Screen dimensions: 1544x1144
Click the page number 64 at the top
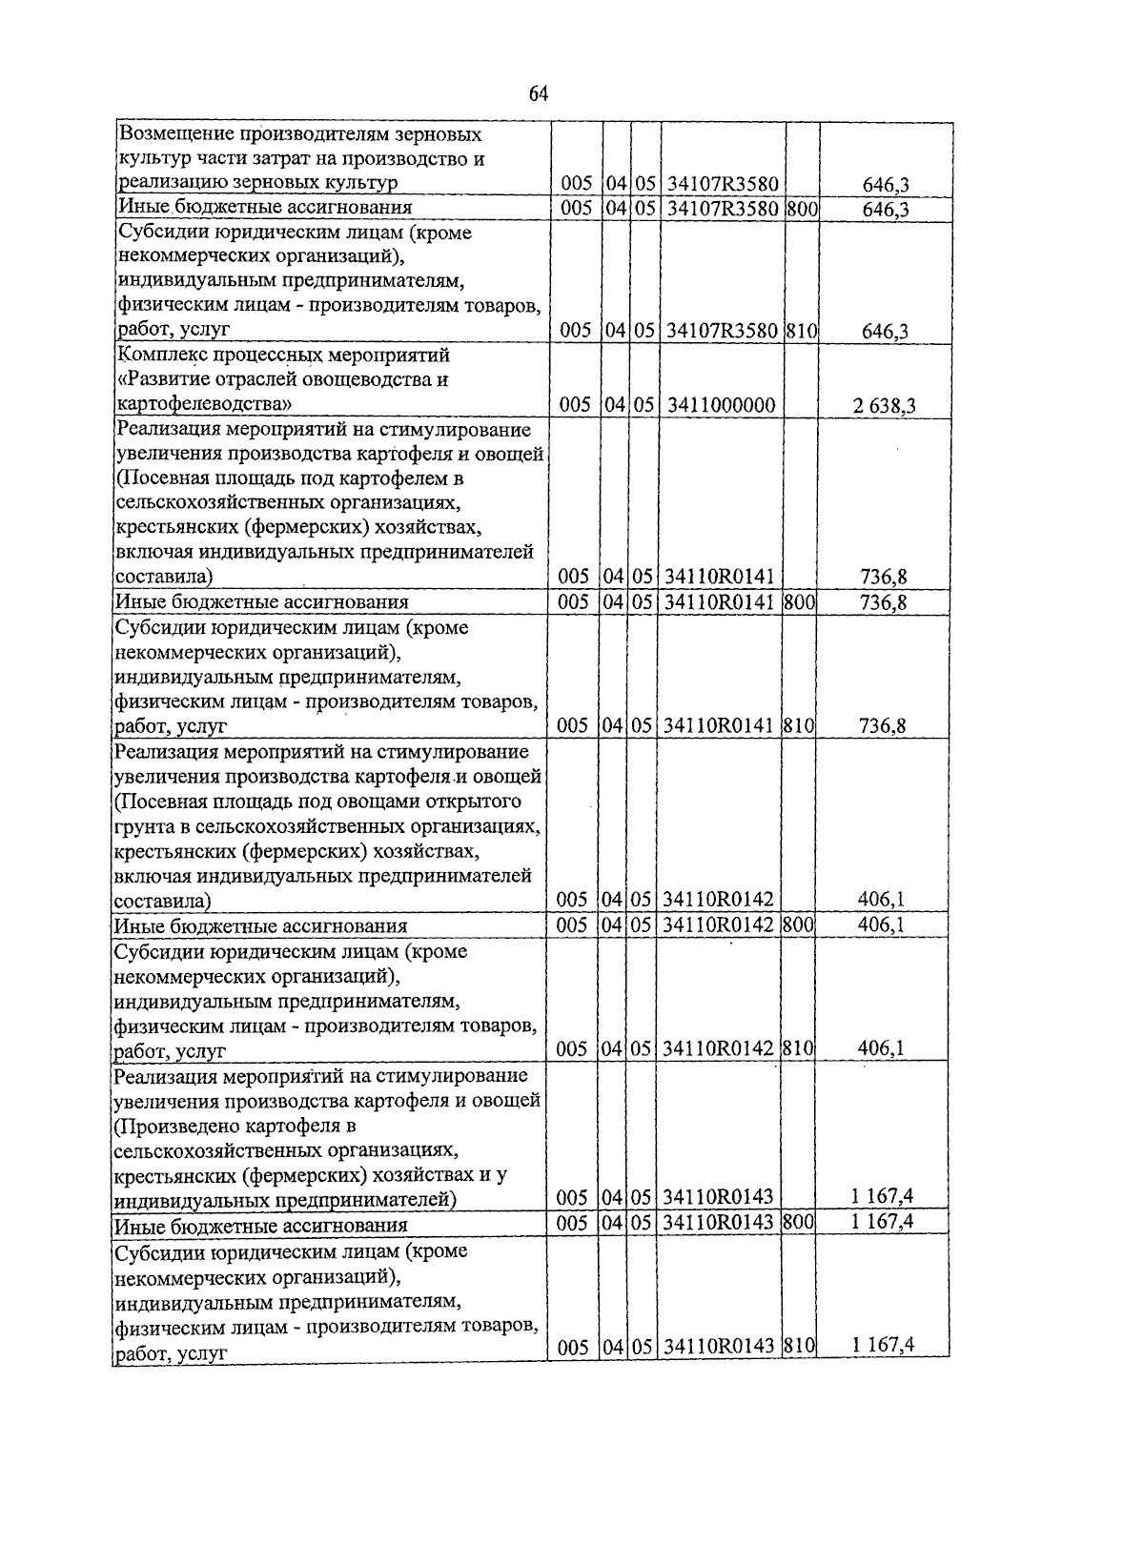pos(539,93)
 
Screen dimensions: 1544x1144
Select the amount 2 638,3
pos(885,406)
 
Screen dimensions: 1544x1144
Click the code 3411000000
pos(722,405)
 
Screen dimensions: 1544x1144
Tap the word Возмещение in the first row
pos(171,134)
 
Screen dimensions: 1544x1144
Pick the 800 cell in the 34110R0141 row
pos(800,601)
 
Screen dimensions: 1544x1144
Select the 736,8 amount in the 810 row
pos(883,726)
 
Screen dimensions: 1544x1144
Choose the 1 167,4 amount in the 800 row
pos(884,1221)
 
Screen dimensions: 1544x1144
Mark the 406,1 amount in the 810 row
pos(881,1048)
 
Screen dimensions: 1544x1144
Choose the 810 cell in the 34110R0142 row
pos(798,1048)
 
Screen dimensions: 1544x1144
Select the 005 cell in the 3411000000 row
pos(576,405)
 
